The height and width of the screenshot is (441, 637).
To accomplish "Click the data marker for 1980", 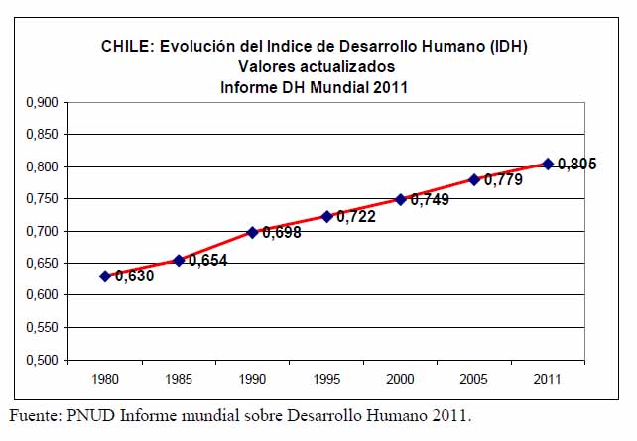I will [105, 276].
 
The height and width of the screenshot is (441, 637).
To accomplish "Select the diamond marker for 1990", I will [252, 232].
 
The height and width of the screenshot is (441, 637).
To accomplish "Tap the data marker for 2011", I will [547, 164].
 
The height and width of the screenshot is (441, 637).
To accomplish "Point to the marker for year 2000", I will [401, 199].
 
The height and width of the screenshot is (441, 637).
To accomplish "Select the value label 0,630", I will [134, 277].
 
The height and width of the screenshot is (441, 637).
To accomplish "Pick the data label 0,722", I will [356, 216].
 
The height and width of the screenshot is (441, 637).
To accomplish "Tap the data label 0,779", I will [503, 180].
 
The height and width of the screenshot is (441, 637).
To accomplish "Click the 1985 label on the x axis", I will [179, 380].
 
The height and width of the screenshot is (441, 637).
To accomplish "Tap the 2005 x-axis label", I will [473, 380].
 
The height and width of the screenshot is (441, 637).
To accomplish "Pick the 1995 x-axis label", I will [326, 380].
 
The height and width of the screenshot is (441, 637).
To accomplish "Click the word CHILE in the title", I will [123, 46].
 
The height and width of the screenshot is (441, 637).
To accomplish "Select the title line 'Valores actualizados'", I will [317, 66].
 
